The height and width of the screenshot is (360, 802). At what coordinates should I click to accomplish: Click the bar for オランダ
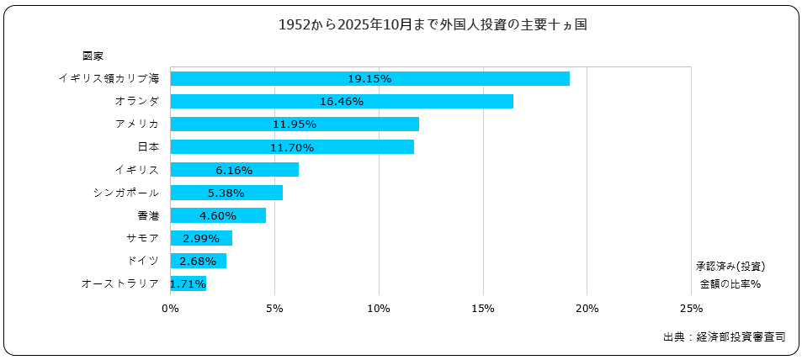tap(342, 102)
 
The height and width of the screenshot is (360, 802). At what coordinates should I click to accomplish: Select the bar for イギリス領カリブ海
tap(369, 79)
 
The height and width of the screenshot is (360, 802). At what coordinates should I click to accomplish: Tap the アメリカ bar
tap(295, 124)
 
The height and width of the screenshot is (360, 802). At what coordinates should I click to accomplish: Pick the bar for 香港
tap(218, 215)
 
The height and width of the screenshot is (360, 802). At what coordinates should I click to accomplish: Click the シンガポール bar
tap(226, 193)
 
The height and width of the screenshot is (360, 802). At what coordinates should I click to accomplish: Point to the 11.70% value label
tap(293, 148)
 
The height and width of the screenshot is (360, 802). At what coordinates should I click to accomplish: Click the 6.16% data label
tap(234, 171)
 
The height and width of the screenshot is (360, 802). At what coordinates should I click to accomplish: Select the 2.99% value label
tap(200, 239)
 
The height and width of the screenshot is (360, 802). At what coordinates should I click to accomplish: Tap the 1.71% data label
tap(188, 284)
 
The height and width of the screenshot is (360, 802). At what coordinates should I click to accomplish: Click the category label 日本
tap(147, 147)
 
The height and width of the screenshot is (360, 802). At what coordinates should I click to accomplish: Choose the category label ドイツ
tap(142, 261)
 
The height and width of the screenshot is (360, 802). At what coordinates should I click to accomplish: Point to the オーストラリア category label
tap(120, 283)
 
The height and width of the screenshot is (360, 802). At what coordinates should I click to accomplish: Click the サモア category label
tap(141, 238)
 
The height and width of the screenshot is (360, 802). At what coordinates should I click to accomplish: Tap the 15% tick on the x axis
tap(483, 308)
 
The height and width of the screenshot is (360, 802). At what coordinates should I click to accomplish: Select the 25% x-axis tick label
tap(690, 308)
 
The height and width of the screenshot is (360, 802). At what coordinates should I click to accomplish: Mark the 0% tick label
tap(170, 308)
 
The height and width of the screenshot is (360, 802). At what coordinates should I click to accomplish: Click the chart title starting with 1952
tap(432, 25)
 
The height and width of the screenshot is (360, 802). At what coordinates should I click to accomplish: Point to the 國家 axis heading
tap(93, 56)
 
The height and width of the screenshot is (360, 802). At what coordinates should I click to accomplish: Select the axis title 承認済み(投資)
tap(730, 266)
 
